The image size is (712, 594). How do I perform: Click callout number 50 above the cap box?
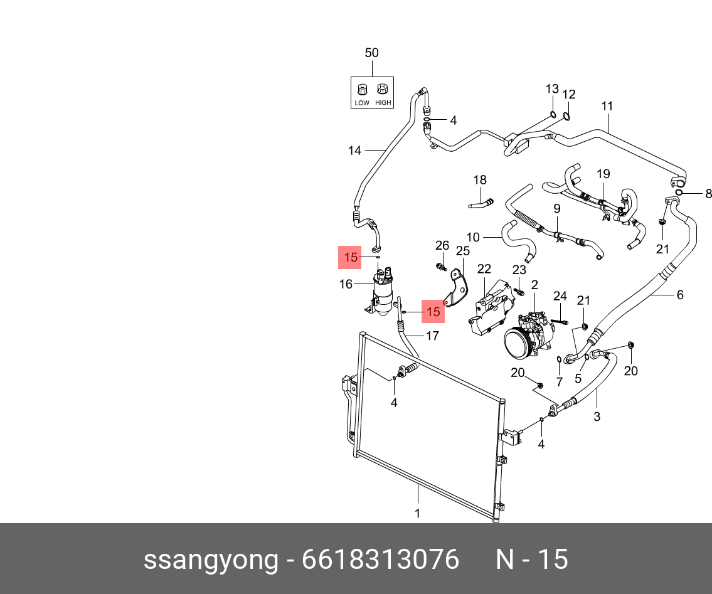(x=371, y=53)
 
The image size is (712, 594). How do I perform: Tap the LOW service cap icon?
(x=362, y=89)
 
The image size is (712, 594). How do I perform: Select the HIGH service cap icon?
(x=382, y=89)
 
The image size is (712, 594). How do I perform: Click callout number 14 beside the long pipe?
(x=355, y=151)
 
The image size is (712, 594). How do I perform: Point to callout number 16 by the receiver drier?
(x=346, y=284)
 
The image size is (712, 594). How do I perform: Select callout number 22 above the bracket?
(x=484, y=269)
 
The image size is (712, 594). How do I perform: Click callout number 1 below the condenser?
(x=417, y=514)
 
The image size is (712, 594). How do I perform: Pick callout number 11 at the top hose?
(x=607, y=106)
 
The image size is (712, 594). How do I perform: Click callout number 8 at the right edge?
(x=708, y=194)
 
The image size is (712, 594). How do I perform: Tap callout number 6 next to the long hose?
(x=680, y=295)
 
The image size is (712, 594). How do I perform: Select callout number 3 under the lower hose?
(x=597, y=416)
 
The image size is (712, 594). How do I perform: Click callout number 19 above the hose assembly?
(x=603, y=174)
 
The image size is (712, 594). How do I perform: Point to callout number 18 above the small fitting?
(x=480, y=180)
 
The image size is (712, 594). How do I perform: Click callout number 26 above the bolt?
(x=442, y=245)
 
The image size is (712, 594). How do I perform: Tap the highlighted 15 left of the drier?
(x=351, y=258)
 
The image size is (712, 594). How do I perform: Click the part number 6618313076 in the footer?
(x=380, y=559)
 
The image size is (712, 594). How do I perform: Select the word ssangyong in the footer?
(x=210, y=559)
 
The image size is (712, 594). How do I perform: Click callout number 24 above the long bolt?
(x=560, y=296)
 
